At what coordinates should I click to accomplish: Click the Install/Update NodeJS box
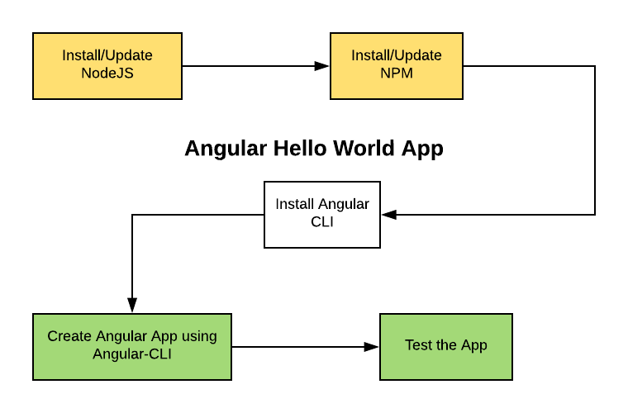tap(107, 66)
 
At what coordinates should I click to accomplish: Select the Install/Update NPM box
tap(397, 66)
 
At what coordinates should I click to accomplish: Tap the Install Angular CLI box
tap(322, 215)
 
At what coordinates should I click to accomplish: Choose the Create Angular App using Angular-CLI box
tap(132, 347)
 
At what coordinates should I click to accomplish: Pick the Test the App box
tap(446, 347)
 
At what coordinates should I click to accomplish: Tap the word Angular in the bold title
tap(226, 150)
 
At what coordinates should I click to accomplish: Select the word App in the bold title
tap(422, 150)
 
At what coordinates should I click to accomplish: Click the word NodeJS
tap(107, 74)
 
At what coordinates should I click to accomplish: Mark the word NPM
tap(397, 74)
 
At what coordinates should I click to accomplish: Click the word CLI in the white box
tap(322, 221)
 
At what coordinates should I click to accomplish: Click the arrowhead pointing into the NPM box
tap(321, 66)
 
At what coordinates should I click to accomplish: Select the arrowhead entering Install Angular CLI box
tap(389, 215)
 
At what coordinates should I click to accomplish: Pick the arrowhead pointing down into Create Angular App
tap(132, 305)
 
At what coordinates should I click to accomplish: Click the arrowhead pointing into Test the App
tap(371, 347)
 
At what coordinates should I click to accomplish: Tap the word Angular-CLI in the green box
tap(132, 354)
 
